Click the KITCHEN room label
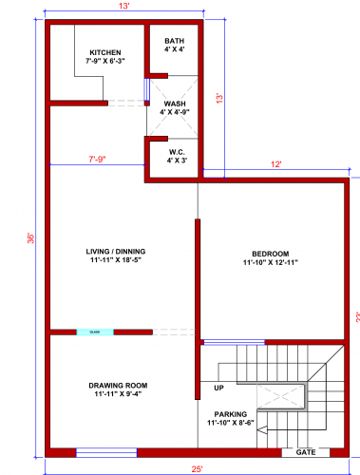[x=105, y=52]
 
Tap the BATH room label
[x=174, y=41]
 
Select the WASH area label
[x=175, y=104]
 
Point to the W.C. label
[x=176, y=151]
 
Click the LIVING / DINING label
[x=123, y=251]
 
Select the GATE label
[x=305, y=452]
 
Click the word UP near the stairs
[x=218, y=388]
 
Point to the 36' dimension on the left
[x=30, y=237]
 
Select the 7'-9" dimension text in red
[x=97, y=159]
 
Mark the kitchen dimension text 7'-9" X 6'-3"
[x=105, y=62]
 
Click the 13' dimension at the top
[x=124, y=6]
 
